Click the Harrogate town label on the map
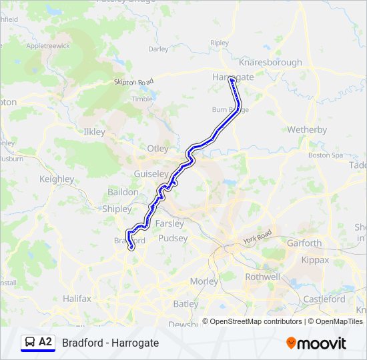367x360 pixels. (234, 77)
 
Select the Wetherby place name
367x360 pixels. (306, 129)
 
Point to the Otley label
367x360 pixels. (157, 148)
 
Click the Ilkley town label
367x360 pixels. (94, 132)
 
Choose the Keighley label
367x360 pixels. (57, 179)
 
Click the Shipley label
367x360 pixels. (117, 209)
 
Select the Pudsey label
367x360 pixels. (173, 238)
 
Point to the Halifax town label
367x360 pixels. (77, 299)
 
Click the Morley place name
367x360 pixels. (204, 281)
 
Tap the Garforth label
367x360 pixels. (304, 243)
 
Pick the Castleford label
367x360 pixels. (324, 299)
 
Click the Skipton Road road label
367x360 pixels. (133, 81)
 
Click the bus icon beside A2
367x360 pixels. (29, 343)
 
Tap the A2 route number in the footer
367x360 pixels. (45, 342)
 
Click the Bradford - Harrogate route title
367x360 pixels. (111, 343)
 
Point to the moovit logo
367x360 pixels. (316, 343)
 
